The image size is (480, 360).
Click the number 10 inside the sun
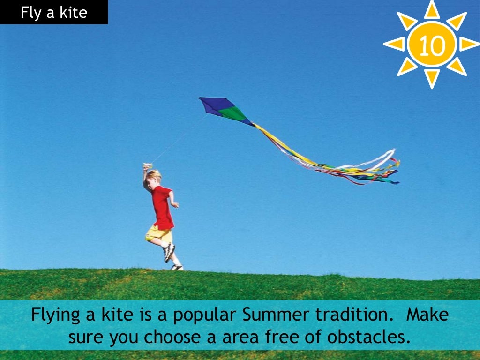(x=432, y=45)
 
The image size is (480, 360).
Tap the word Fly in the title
(x=30, y=12)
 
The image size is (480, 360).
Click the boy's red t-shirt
(x=162, y=207)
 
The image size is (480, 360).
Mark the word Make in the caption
(x=427, y=315)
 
